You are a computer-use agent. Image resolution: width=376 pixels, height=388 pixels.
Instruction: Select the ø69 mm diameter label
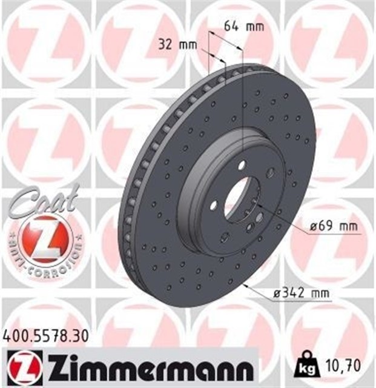[332, 227]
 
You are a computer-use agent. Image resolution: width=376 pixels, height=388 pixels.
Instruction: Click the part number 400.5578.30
[46, 334]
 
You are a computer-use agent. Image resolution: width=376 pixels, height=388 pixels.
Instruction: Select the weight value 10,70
[339, 365]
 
